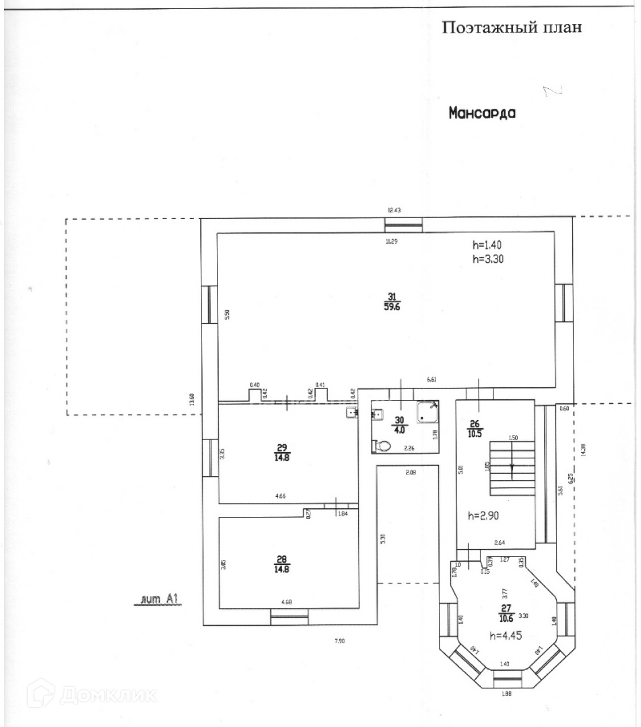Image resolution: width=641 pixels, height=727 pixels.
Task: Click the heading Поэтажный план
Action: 512,27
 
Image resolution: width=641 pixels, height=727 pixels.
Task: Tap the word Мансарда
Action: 482,112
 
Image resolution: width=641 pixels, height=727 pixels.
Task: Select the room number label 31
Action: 392,296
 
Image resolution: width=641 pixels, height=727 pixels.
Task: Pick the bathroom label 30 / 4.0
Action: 400,425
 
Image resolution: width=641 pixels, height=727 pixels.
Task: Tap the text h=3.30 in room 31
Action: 488,259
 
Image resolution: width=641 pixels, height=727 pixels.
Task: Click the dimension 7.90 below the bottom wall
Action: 338,641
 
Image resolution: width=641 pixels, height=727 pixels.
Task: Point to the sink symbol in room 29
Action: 352,413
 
